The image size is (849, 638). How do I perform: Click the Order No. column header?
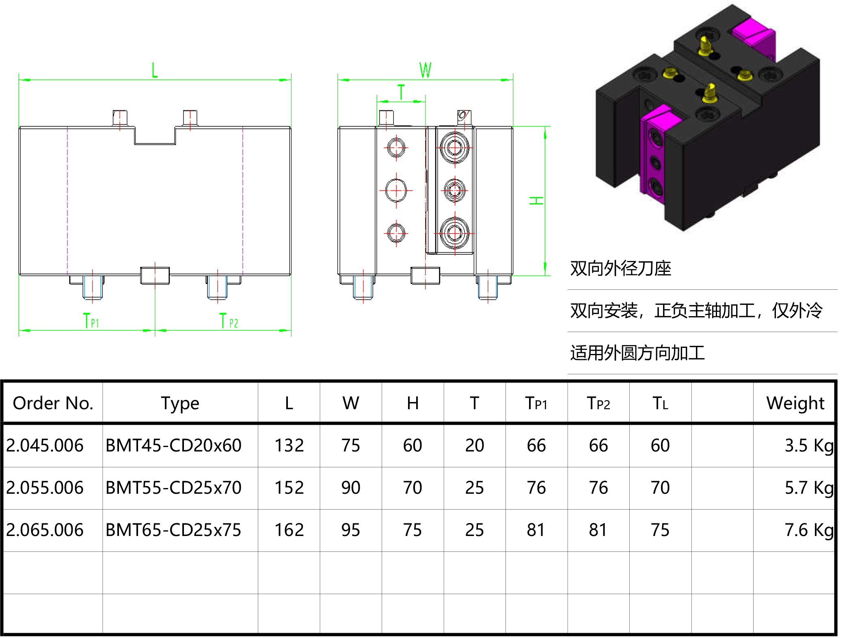(x=53, y=403)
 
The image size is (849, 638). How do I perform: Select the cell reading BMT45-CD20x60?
(x=173, y=445)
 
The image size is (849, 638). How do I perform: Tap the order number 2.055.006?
(x=45, y=488)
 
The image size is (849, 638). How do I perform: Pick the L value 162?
(x=289, y=530)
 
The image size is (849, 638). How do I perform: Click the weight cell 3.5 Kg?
(x=808, y=445)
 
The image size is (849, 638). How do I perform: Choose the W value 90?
(x=350, y=488)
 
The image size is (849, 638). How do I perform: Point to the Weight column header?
(x=795, y=403)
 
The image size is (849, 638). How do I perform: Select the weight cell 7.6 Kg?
(x=808, y=530)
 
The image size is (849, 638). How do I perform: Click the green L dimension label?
(x=154, y=70)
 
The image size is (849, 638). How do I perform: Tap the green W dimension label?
(x=425, y=70)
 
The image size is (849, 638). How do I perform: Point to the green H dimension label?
(x=536, y=200)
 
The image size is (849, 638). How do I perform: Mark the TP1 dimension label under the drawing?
(x=91, y=321)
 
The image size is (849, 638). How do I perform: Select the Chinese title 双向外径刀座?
(x=620, y=268)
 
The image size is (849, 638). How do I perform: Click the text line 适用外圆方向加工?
(x=637, y=353)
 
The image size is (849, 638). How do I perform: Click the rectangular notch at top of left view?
(x=155, y=135)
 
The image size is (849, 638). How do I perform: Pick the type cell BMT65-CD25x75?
(x=173, y=530)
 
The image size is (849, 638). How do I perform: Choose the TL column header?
(x=660, y=403)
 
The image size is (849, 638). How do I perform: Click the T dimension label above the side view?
(x=401, y=92)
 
